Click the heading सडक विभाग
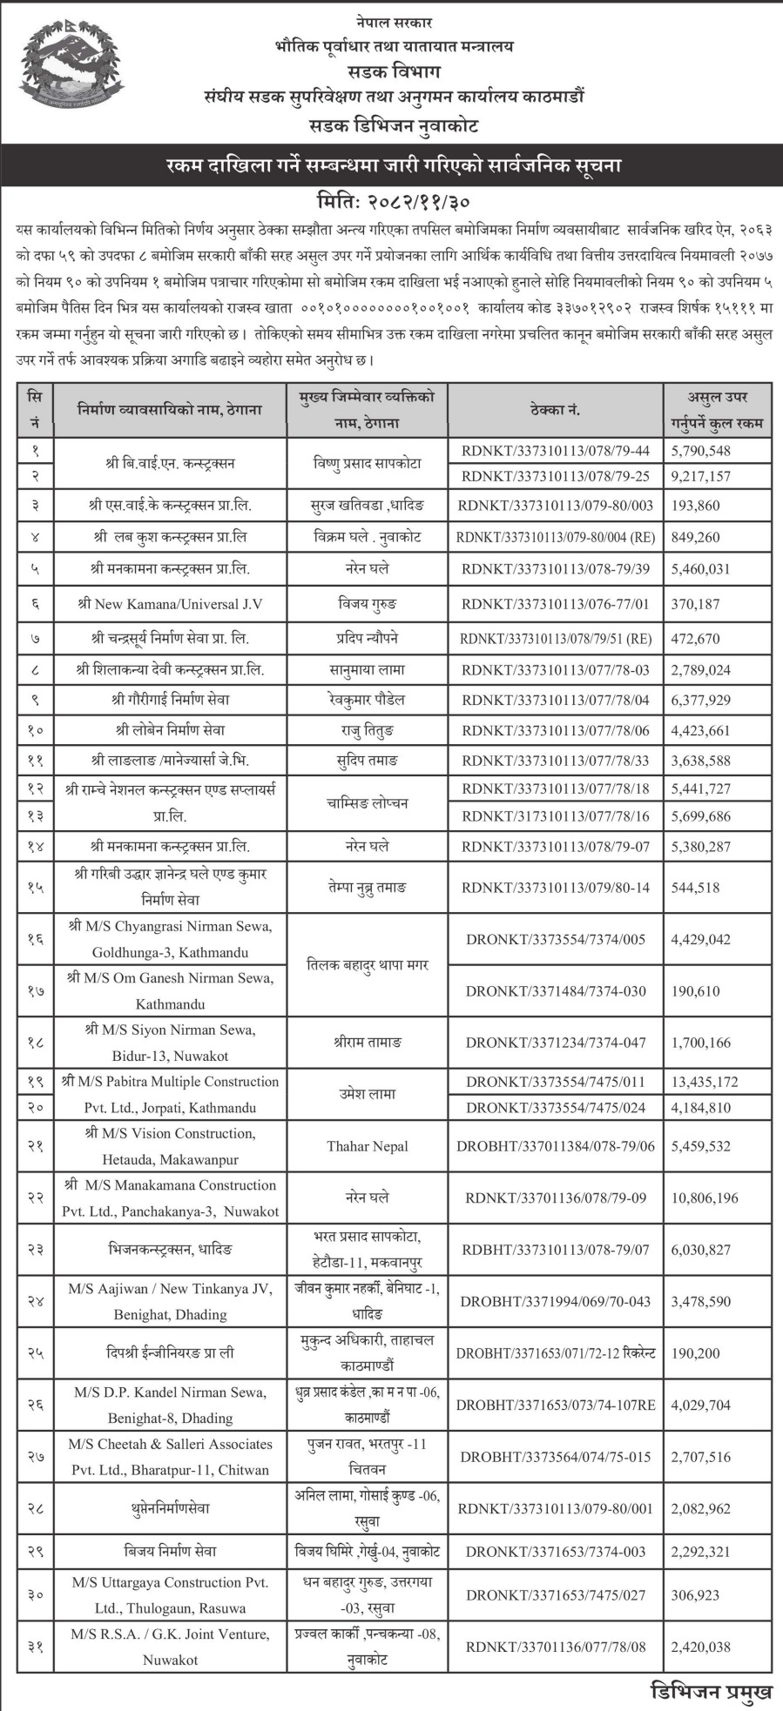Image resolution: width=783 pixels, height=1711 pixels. click(394, 71)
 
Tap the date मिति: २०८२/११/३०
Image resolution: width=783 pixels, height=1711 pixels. click(394, 202)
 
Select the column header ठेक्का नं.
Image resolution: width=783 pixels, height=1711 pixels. click(555, 409)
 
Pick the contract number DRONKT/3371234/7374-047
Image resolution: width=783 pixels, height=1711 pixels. click(556, 1043)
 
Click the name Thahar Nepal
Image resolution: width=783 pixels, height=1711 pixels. click(368, 1146)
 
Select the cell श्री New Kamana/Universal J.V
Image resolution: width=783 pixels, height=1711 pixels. click(170, 604)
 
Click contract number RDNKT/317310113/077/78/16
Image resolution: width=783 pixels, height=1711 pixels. click(556, 816)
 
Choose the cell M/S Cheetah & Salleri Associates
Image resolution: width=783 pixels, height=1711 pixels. click(170, 1457)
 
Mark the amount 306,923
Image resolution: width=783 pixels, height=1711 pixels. click(695, 1595)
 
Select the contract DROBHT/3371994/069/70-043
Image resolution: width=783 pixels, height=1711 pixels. click(556, 1301)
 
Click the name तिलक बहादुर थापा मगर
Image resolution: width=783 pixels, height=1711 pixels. click(368, 965)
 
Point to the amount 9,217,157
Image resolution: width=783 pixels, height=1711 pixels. click(700, 476)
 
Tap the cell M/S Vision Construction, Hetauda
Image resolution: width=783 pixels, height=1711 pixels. click(170, 1146)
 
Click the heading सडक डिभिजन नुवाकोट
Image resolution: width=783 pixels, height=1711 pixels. click(394, 126)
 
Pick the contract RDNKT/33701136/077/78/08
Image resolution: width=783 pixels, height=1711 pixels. click(556, 1647)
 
